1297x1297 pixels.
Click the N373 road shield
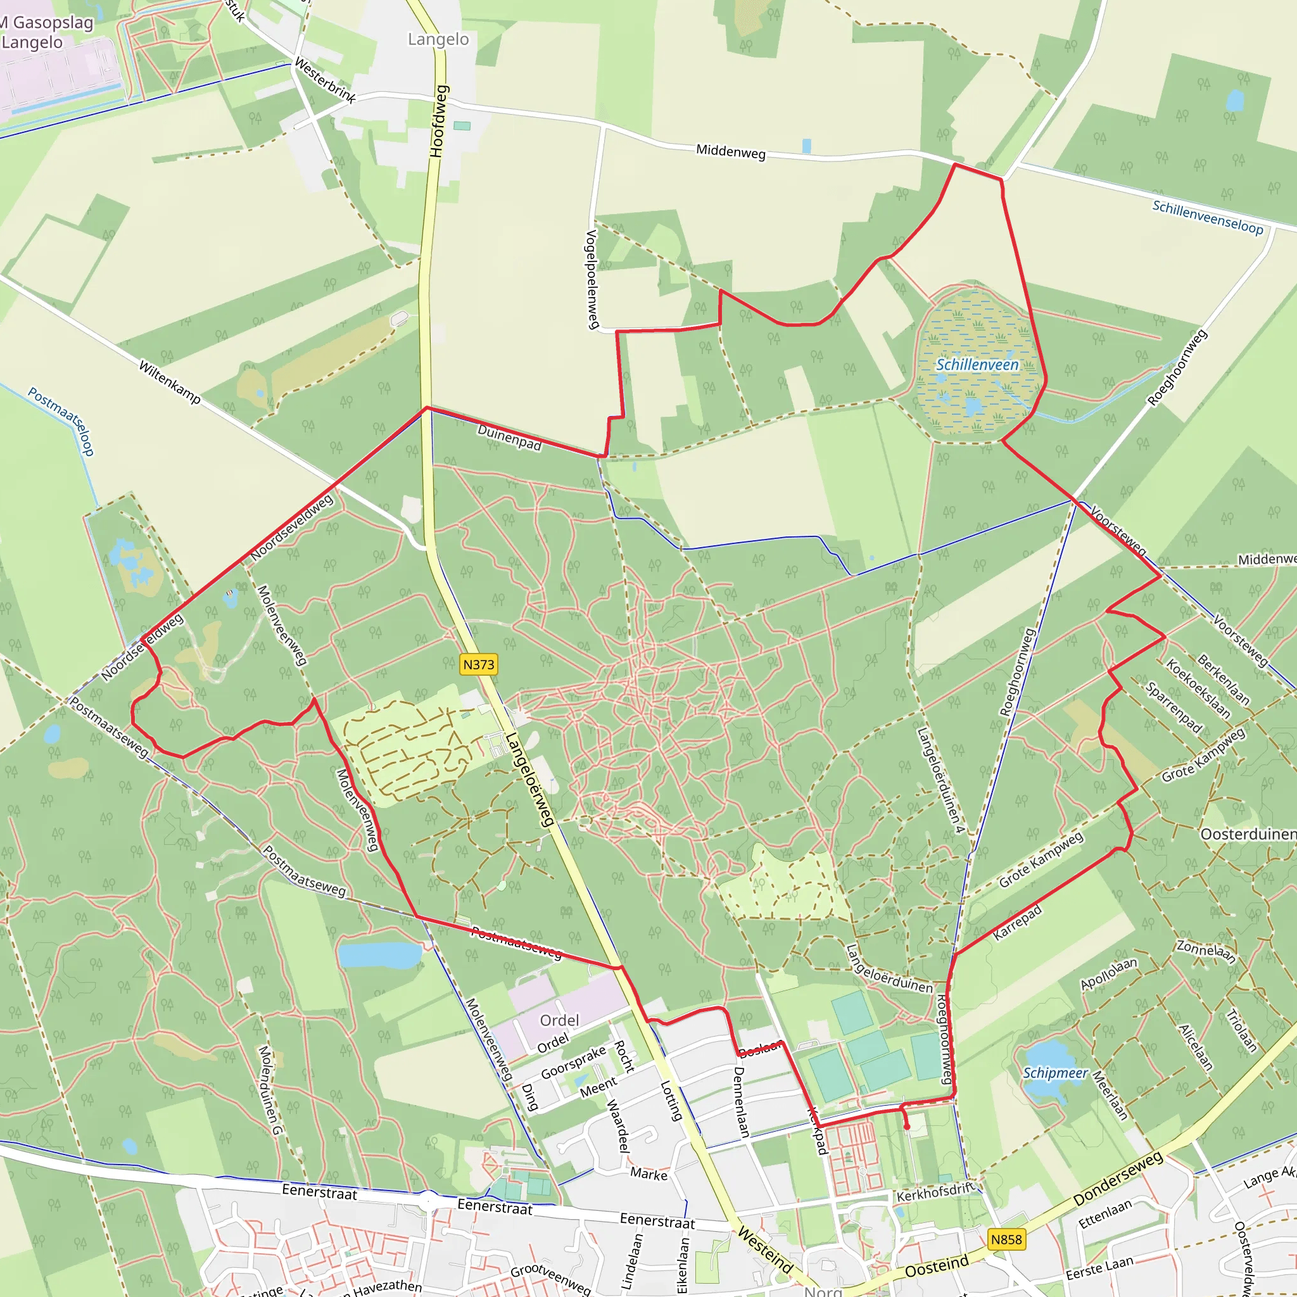[479, 664]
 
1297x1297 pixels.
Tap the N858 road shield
[1006, 1239]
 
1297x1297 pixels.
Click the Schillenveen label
[977, 365]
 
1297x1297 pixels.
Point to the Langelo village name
[438, 40]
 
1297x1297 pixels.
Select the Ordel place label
[559, 1020]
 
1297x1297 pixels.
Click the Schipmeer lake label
[1054, 1073]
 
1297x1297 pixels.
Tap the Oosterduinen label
[1248, 835]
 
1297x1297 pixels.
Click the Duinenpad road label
[510, 438]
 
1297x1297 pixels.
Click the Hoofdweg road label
[438, 121]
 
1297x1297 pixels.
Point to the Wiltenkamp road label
[170, 382]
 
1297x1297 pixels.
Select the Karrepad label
[1018, 921]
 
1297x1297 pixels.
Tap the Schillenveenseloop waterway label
[1208, 217]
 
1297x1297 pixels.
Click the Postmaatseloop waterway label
[61, 421]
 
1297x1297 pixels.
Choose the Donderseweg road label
[1118, 1178]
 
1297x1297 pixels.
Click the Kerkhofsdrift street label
[935, 1193]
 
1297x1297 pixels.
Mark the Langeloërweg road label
[530, 779]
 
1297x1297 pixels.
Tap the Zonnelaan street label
[1206, 951]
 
